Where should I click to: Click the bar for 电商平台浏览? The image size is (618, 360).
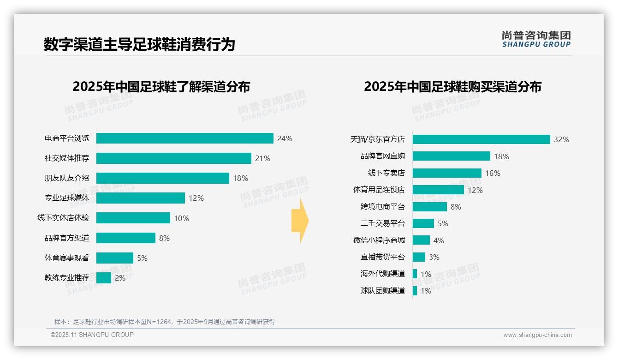pyautogui.click(x=184, y=138)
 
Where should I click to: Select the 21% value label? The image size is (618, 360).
pyautogui.click(x=262, y=158)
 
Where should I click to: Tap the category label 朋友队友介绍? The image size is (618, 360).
pyautogui.click(x=67, y=178)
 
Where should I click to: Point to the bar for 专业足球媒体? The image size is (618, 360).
pyautogui.click(x=140, y=198)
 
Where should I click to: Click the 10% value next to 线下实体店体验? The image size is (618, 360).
pyautogui.click(x=181, y=218)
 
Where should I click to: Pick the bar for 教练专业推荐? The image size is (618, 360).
pyautogui.click(x=104, y=278)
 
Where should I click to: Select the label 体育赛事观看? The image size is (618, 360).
pyautogui.click(x=67, y=258)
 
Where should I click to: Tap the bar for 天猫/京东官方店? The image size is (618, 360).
pyautogui.click(x=481, y=139)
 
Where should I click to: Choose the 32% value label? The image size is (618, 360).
pyautogui.click(x=561, y=139)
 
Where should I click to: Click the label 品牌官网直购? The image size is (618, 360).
pyautogui.click(x=382, y=156)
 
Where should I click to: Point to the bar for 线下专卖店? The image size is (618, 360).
pyautogui.click(x=447, y=173)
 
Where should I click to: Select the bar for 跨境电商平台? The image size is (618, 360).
pyautogui.click(x=429, y=207)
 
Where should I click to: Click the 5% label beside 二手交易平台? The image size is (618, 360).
pyautogui.click(x=443, y=224)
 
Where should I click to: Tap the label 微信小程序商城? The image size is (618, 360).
pyautogui.click(x=379, y=240)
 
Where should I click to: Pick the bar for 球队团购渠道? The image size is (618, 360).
pyautogui.click(x=415, y=291)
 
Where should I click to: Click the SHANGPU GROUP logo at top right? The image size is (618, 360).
pyautogui.click(x=536, y=39)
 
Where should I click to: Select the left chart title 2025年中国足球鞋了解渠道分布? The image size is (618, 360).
pyautogui.click(x=161, y=87)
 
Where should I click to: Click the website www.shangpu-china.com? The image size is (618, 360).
pyautogui.click(x=537, y=335)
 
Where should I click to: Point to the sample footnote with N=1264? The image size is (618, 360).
pyautogui.click(x=165, y=322)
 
